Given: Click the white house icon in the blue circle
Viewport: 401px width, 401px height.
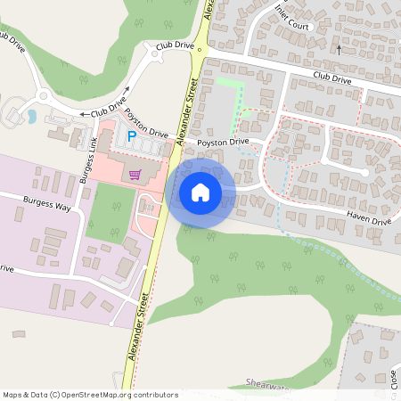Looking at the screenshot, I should tap(200, 192).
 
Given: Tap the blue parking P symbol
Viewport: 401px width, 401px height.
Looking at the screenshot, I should tap(131, 137).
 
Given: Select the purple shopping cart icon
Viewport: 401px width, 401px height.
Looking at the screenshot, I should tap(135, 175).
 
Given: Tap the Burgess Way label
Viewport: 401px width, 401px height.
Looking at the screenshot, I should tap(47, 204).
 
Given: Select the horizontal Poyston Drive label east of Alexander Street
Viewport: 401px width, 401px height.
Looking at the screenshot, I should tap(223, 141).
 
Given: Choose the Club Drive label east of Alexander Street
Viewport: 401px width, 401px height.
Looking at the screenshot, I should tap(332, 79).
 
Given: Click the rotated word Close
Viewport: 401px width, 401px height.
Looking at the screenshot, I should tap(392, 378).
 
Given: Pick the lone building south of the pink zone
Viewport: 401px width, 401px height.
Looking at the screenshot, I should tap(19, 334).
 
